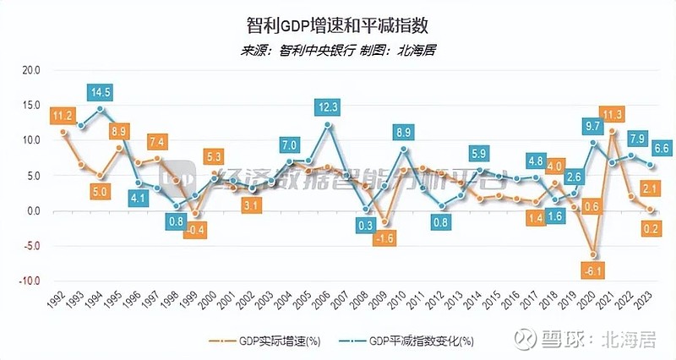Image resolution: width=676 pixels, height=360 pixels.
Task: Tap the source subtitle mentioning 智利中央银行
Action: pyautogui.click(x=339, y=50)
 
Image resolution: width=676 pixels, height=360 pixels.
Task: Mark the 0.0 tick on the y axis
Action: pyautogui.click(x=32, y=211)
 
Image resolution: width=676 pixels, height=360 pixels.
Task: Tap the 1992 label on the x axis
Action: pyautogui.click(x=54, y=301)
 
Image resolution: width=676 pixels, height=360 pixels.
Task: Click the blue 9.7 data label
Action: pyautogui.click(x=592, y=126)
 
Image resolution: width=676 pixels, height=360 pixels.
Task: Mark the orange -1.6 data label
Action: pyautogui.click(x=384, y=238)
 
